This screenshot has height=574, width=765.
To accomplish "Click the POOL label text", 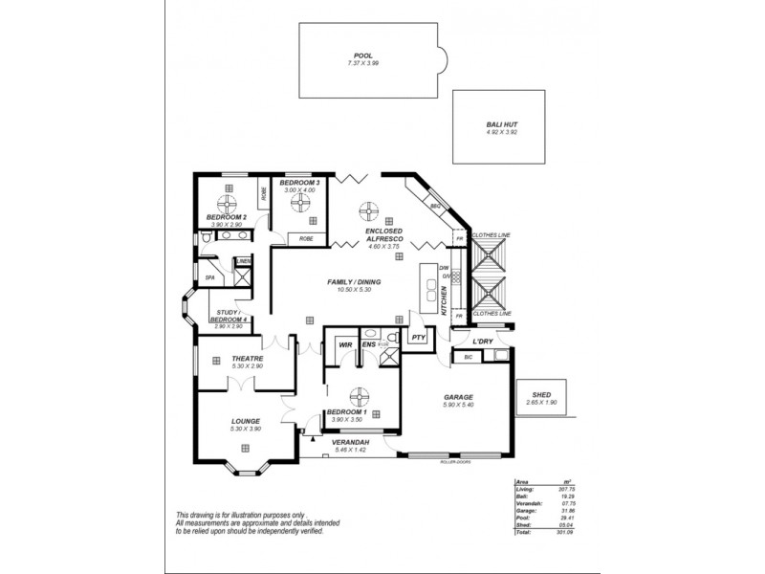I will point(362,56).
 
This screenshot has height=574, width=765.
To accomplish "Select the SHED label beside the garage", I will point(542,394).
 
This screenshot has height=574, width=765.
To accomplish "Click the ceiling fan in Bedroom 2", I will point(228,204).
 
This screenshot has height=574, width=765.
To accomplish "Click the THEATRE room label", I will point(247,359).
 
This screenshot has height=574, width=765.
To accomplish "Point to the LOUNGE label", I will point(246,420).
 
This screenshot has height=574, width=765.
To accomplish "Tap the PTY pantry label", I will point(418,338).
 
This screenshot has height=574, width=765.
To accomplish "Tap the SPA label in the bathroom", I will point(209,278).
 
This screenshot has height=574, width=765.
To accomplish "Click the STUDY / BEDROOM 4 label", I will point(233,316).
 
